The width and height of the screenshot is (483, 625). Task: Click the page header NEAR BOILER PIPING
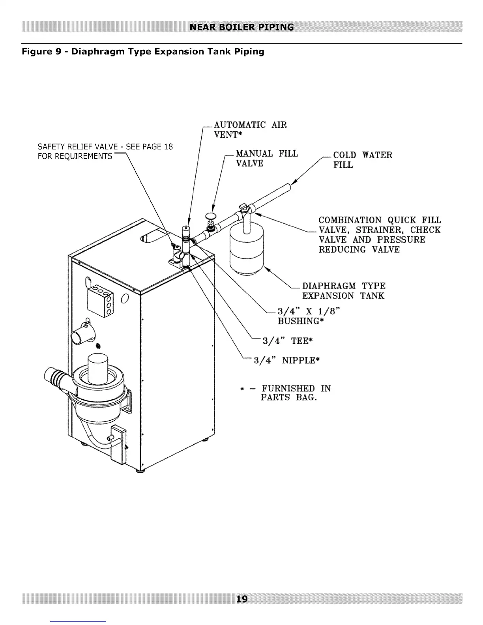click(241, 27)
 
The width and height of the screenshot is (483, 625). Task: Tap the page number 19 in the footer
click(241, 599)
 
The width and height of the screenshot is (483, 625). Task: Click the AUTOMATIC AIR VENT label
click(250, 130)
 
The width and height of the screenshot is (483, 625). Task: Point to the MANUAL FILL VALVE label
click(266, 158)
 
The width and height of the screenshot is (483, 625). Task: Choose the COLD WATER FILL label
click(362, 160)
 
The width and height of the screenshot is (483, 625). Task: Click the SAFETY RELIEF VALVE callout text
click(105, 152)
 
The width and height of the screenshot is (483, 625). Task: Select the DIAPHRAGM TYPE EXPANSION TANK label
click(343, 291)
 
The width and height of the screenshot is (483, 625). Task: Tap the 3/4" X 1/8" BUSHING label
click(308, 316)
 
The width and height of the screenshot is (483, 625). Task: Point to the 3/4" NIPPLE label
click(286, 360)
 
